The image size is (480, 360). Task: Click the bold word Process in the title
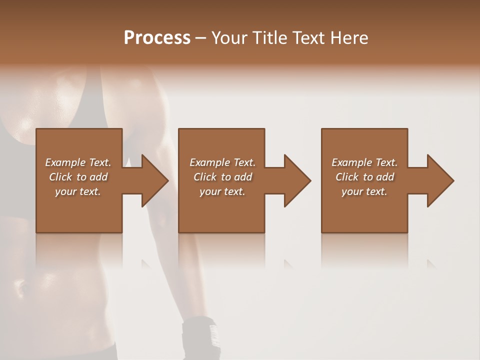157,38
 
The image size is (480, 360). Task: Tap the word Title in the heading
269,38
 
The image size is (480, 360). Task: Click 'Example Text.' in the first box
78,162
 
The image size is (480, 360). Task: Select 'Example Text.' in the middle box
222,162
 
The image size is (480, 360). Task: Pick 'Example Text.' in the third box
364,162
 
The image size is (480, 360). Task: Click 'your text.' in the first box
78,191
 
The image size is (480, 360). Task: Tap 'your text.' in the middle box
222,191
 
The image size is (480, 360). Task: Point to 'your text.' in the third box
364,191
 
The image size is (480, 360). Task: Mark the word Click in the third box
347,177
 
